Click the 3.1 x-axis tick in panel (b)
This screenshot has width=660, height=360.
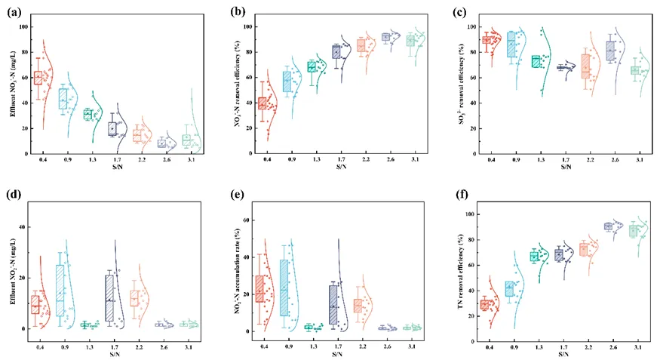pos(410,161)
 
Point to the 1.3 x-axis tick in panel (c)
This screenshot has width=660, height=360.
pos(536,161)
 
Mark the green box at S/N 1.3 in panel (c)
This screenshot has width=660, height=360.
pos(536,62)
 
